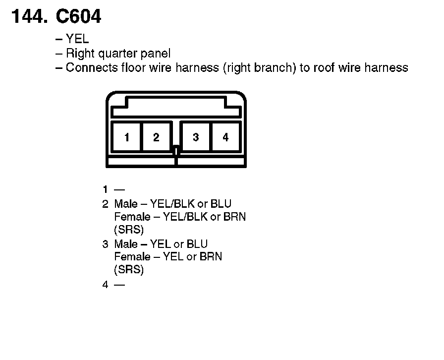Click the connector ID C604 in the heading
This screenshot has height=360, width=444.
[79, 17]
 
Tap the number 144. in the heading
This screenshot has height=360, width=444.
[30, 17]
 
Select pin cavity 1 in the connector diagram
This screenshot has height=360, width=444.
[127, 137]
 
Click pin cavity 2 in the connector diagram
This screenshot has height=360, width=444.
[156, 137]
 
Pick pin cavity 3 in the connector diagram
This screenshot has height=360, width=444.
[196, 137]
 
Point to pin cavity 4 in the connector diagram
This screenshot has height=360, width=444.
[225, 137]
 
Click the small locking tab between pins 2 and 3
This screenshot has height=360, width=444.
[176, 148]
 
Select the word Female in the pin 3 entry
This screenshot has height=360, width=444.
[131, 257]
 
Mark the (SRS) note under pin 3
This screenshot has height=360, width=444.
[128, 270]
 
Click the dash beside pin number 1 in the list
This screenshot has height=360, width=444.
[119, 189]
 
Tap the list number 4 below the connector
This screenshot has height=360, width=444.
[106, 285]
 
